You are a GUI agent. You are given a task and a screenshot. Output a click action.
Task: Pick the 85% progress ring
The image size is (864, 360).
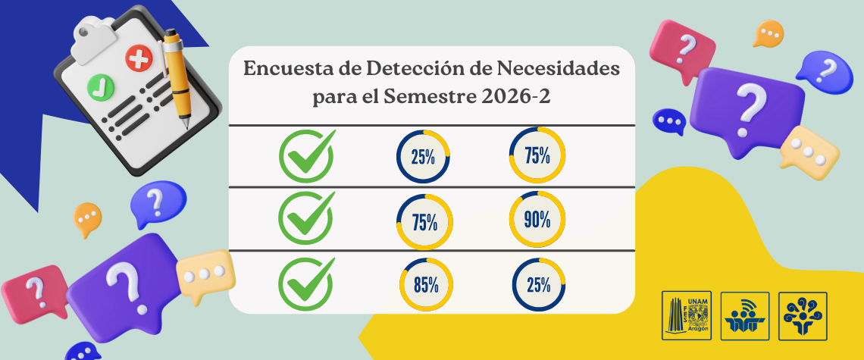(x=425, y=285)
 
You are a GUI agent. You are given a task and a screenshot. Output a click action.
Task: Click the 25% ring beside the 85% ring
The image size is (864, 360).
(x=537, y=285)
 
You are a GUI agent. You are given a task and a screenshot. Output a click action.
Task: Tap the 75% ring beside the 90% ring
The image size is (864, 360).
(x=424, y=222)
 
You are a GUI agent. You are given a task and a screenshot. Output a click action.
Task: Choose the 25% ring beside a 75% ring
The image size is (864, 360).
(x=424, y=157)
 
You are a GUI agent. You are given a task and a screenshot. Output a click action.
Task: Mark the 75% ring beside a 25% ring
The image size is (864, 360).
(x=537, y=155)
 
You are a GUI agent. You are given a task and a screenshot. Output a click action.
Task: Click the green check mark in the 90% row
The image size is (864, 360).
(x=307, y=218)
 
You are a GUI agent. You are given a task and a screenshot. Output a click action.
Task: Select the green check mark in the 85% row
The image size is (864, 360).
(x=307, y=284)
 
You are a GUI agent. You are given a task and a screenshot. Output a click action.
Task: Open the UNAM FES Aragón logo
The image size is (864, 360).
(x=687, y=315)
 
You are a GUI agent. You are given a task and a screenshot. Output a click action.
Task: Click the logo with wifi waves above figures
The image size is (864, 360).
(x=745, y=315)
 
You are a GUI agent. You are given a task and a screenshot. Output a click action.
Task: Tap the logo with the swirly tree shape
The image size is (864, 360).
(x=803, y=315)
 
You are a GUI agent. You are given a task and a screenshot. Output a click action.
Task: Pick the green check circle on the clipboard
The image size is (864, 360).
(x=99, y=86)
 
